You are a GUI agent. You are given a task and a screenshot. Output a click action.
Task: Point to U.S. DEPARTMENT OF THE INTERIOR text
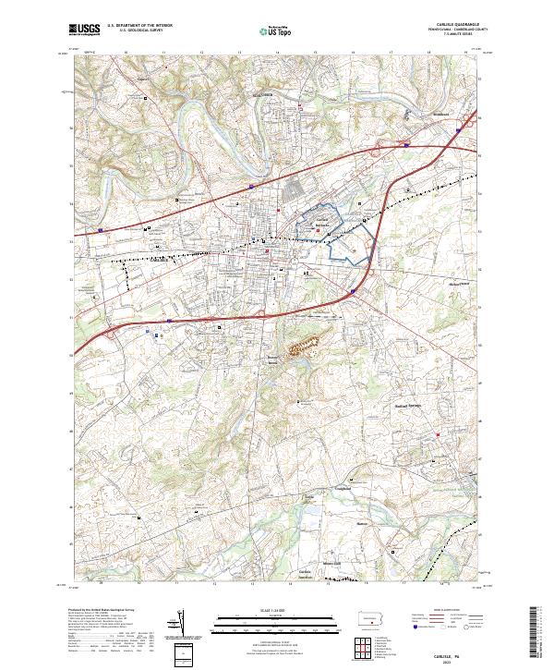(x=140, y=26)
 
